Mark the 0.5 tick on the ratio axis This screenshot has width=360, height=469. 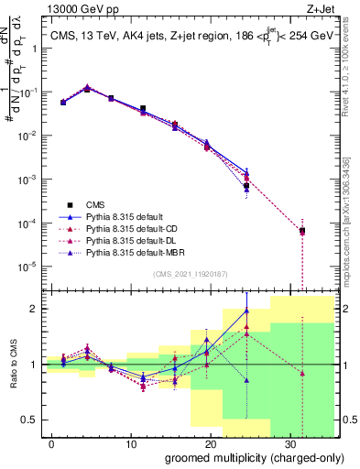click(30, 420)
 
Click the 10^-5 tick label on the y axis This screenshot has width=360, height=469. click(27, 267)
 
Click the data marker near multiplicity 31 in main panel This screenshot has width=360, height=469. click(302, 231)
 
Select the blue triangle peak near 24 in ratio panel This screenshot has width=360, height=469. click(246, 311)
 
